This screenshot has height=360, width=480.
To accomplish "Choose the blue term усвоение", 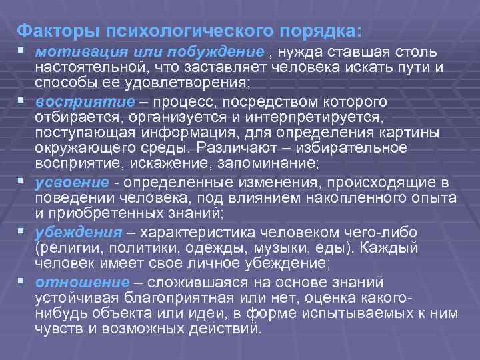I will pyautogui.click(x=63, y=183).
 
